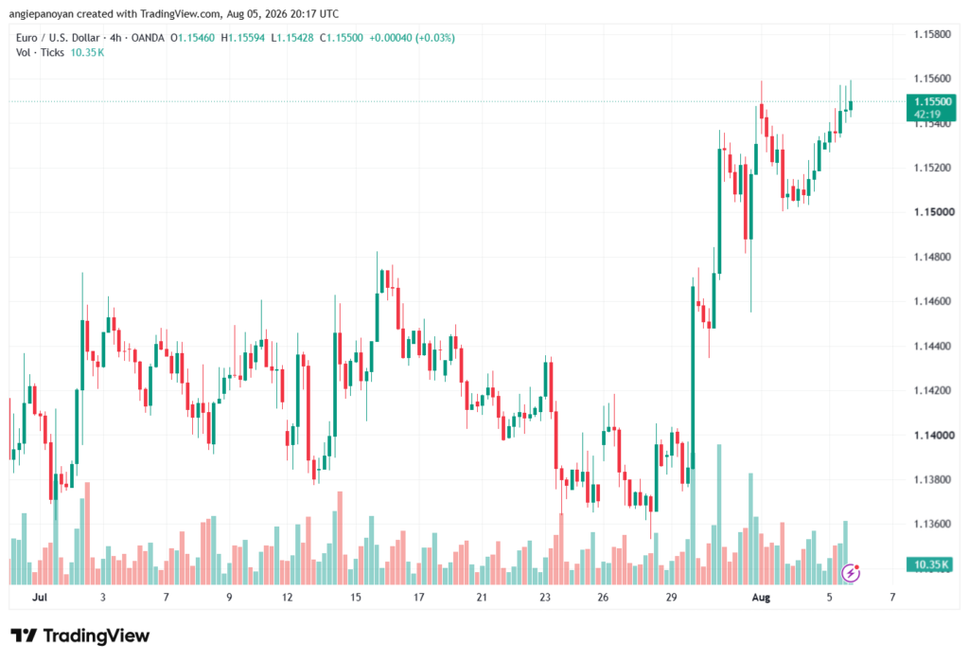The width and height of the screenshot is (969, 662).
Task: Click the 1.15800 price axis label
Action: point(932,34)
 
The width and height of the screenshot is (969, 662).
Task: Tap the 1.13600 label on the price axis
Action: point(932,524)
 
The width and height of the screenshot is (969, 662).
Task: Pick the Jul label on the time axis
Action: point(40,597)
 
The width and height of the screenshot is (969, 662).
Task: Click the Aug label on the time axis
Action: point(761,597)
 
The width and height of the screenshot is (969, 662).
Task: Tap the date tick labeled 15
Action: point(356,597)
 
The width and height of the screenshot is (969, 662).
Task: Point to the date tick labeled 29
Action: point(671,597)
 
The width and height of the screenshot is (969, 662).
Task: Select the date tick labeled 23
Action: point(544,597)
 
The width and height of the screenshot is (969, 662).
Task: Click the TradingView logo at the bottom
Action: point(80,635)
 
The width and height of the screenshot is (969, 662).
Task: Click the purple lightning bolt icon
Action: point(851,573)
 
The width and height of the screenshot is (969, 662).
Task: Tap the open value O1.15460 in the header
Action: point(193,38)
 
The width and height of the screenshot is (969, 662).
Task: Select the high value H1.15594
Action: point(243,38)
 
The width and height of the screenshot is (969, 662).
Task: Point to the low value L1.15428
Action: point(292,38)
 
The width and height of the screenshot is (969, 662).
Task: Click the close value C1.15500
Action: point(341,38)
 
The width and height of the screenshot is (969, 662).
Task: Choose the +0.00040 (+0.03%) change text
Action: point(413,38)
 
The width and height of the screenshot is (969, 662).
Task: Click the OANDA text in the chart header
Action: point(148,38)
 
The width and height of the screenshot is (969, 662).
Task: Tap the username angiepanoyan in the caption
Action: point(42,13)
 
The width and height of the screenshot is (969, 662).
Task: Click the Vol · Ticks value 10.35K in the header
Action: point(87,53)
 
